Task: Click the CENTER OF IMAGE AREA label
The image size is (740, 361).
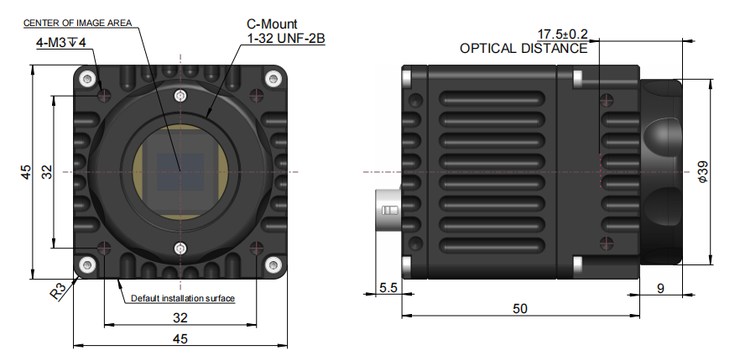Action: coord(77,23)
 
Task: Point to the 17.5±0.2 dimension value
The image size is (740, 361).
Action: coord(562,34)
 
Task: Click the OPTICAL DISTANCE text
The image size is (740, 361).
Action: coord(524,49)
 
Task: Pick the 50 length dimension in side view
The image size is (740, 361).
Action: coord(519,309)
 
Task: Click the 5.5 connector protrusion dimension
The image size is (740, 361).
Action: coord(388,287)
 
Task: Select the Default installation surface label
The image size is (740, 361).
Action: coord(182,298)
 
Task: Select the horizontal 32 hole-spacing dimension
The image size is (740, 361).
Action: coord(180,318)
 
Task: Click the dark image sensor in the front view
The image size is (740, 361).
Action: coord(180,172)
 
